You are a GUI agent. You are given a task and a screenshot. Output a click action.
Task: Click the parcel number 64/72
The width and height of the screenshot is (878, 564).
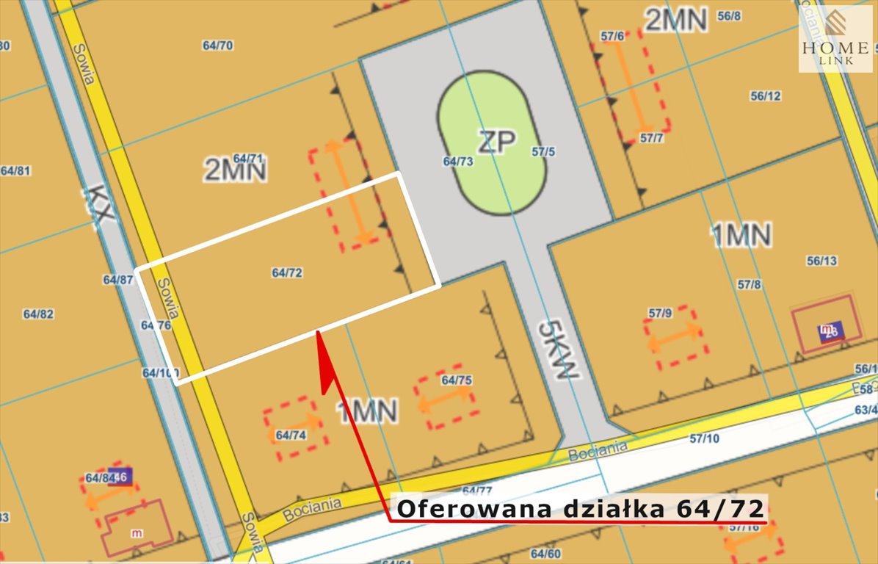[287, 272]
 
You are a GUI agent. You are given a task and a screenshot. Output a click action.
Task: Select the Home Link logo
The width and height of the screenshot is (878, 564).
[835, 39]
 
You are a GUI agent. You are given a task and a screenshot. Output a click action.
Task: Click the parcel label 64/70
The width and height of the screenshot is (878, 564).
[217, 46]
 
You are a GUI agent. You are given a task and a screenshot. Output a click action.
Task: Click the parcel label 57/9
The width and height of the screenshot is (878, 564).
[660, 314]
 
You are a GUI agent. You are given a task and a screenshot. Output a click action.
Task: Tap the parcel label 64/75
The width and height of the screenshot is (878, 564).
[457, 380]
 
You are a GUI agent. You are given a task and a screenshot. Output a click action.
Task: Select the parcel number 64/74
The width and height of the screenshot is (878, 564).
[291, 435]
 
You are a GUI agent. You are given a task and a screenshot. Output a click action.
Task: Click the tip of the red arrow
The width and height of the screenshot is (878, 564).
[319, 333]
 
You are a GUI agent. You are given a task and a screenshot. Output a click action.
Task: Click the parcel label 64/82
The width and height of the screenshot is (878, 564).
[38, 314]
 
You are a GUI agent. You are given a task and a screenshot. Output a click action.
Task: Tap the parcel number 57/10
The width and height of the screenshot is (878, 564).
[705, 439]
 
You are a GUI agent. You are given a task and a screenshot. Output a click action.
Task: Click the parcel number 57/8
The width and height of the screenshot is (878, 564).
[750, 284]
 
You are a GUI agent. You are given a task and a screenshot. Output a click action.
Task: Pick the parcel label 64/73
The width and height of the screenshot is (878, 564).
[458, 161]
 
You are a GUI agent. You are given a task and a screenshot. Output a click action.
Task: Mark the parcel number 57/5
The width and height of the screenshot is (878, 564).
[543, 152]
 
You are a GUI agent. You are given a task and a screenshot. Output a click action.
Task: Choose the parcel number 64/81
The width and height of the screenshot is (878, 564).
[15, 171]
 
